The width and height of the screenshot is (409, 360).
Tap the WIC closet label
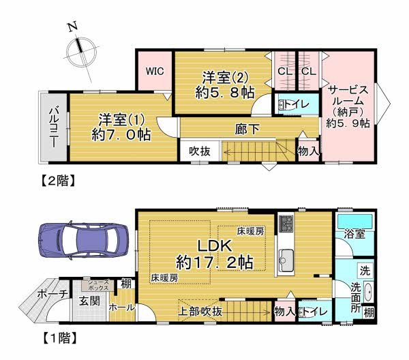pyautogui.click(x=154, y=70)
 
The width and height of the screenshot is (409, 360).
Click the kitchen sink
pyautogui.click(x=286, y=259)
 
